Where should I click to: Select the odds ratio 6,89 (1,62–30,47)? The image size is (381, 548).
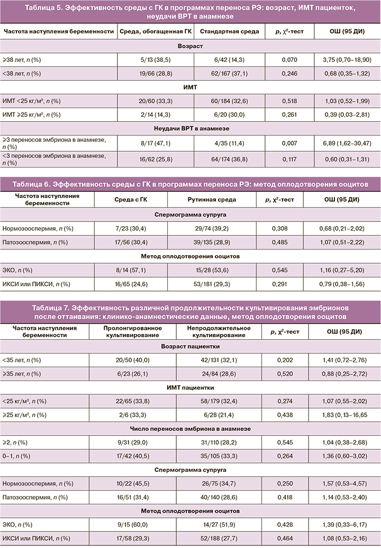click(347, 141)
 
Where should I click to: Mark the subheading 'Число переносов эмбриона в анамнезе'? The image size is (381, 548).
click(190, 428)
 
